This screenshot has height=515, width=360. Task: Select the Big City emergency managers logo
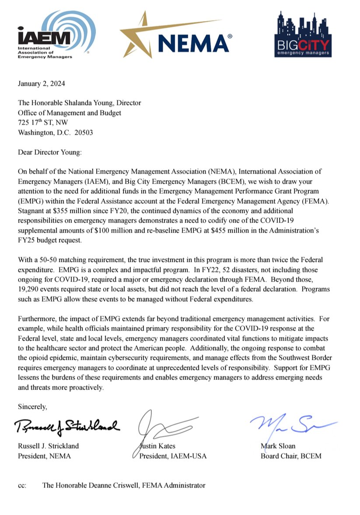click(303, 35)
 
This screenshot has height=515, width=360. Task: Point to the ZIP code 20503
click(83, 132)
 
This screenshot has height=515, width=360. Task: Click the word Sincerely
click(32, 406)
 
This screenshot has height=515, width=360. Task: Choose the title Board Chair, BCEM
click(290, 456)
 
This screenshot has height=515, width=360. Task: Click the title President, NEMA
click(44, 456)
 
